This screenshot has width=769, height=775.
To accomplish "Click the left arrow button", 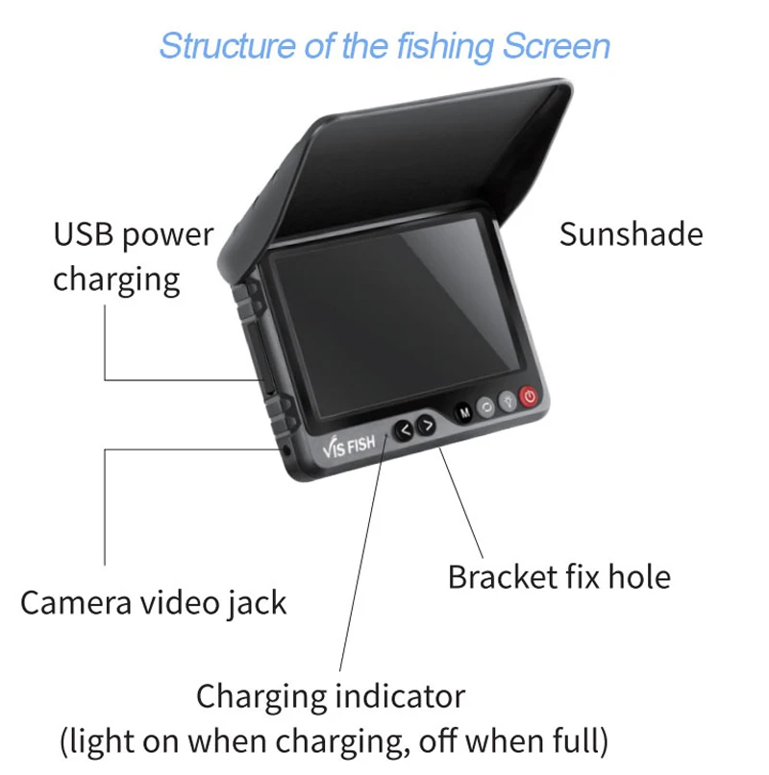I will point(405,428).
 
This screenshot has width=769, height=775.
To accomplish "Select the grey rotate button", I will point(485,406).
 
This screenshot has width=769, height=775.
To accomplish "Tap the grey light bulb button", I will point(507,401).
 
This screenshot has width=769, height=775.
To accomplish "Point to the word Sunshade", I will point(631,233).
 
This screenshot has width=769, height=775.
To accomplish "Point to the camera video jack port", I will point(286,449).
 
